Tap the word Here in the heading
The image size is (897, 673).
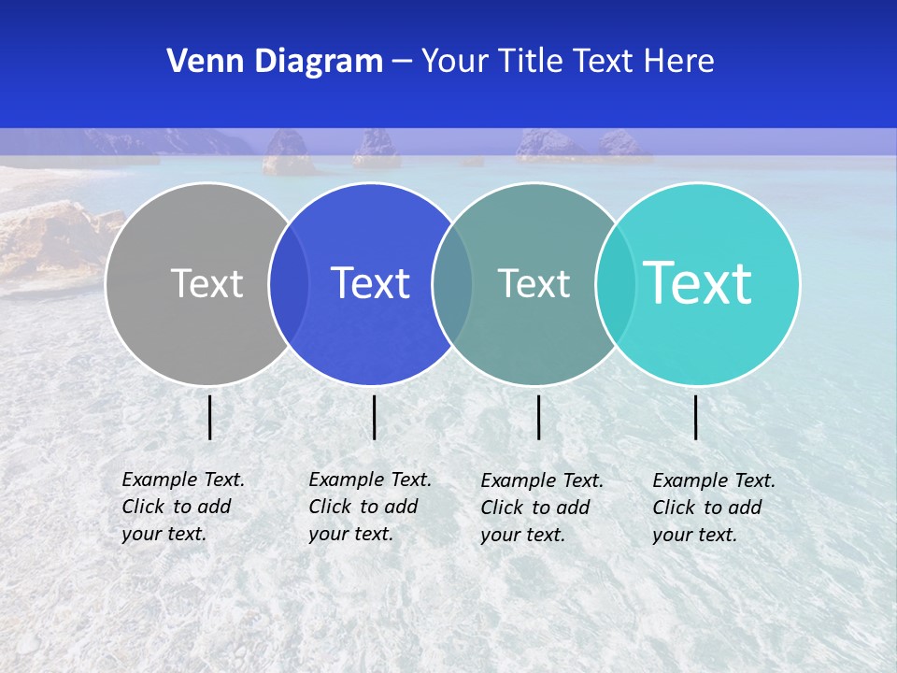click(x=679, y=62)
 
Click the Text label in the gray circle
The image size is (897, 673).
click(x=206, y=283)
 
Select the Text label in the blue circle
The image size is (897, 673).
click(x=371, y=283)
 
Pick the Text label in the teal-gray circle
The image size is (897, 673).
click(x=534, y=283)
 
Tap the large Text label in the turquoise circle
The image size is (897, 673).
click(x=698, y=282)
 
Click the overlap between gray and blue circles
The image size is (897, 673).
click(x=289, y=283)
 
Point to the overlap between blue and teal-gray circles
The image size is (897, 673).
click(x=452, y=283)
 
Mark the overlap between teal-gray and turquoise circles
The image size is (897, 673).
click(x=616, y=283)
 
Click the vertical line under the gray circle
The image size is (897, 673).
click(x=210, y=417)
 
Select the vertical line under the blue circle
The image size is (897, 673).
click(x=374, y=417)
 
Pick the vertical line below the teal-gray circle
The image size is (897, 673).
click(x=539, y=417)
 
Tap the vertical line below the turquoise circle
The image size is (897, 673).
click(x=696, y=417)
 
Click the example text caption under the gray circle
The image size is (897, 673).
click(x=183, y=507)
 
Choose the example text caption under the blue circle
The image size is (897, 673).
click(x=370, y=507)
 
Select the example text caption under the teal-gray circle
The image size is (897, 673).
click(x=542, y=508)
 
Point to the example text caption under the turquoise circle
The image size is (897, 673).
click(x=714, y=508)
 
